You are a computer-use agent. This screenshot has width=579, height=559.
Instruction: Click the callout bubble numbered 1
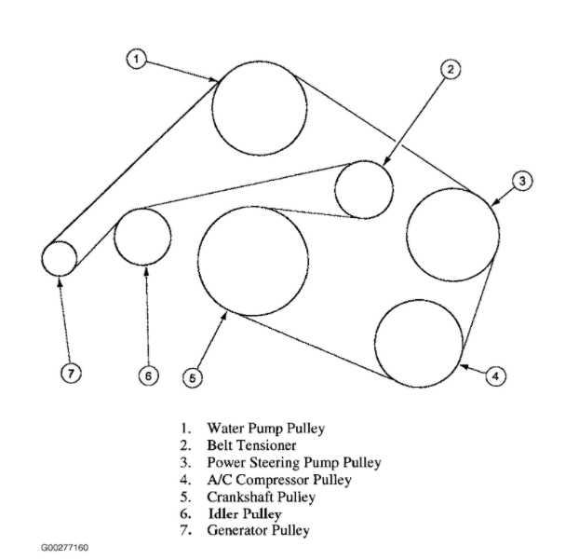(136, 59)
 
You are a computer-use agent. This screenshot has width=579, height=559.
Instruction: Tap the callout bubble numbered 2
(451, 70)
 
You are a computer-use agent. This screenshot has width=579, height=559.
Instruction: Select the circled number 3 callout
(522, 181)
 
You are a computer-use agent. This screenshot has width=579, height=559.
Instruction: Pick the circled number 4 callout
(495, 375)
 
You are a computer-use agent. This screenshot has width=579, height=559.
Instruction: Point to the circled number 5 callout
(193, 378)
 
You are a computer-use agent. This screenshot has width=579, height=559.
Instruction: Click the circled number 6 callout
(148, 375)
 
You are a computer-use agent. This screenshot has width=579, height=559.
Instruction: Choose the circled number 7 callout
(71, 373)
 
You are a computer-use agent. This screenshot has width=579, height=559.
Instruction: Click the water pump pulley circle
(260, 108)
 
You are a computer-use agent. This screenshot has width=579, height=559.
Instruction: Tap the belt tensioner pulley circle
(364, 190)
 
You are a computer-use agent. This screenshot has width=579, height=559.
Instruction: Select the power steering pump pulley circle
(453, 235)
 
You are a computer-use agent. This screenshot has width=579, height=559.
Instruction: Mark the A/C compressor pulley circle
(419, 344)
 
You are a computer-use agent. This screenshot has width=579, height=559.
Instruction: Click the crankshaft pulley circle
(253, 261)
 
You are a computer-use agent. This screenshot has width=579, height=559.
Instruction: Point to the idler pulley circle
(142, 237)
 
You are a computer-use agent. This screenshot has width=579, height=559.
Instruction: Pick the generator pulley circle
(59, 259)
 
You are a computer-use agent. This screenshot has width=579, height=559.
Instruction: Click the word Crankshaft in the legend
(240, 497)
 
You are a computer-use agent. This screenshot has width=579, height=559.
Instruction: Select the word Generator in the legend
(237, 530)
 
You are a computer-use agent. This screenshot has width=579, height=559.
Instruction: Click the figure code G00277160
(64, 547)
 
